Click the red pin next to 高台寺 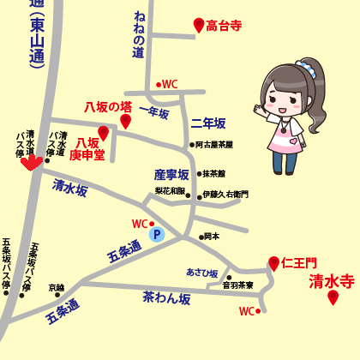(x=199, y=25)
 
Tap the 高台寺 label (x=225, y=27)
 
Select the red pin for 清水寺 (x=333, y=297)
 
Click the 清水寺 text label (x=331, y=279)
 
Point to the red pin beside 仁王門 (x=273, y=262)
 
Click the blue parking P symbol (x=156, y=233)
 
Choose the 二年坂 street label (x=208, y=123)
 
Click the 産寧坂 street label (x=171, y=174)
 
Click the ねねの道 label (x=138, y=34)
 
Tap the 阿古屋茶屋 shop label (x=215, y=145)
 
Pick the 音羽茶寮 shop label (x=238, y=285)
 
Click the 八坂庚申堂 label (x=89, y=149)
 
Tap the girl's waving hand (x=260, y=110)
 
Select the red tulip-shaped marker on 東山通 (x=31, y=162)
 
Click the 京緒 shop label (x=56, y=288)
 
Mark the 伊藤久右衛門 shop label (x=225, y=195)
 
